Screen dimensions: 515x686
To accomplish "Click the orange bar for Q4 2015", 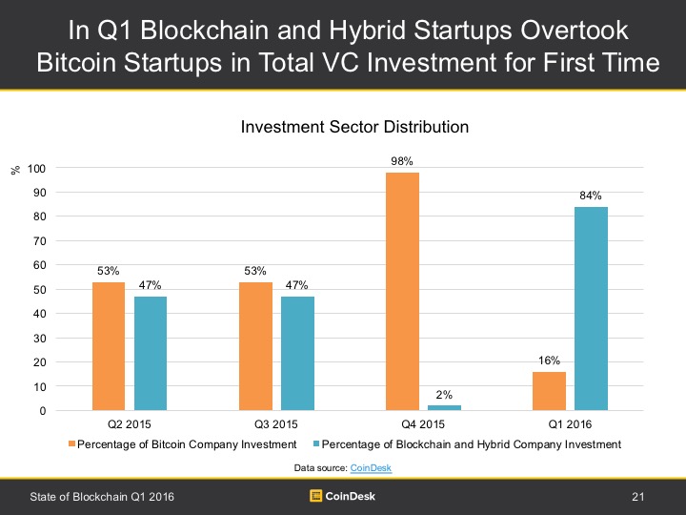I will [402, 292].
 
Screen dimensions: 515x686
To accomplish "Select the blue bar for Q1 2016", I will [592, 309].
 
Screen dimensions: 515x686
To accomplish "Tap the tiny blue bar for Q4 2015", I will [445, 408].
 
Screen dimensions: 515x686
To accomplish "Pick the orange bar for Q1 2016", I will [549, 391].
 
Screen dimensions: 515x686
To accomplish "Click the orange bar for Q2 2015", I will [108, 346].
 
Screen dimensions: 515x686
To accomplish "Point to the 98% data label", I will [402, 161].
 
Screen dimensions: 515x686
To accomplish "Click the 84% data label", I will [592, 196].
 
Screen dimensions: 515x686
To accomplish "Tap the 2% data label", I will [445, 394].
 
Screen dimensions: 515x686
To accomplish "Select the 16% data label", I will [549, 360].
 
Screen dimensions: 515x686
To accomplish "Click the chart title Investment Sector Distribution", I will [342, 126].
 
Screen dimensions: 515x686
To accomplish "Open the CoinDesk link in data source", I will [370, 467].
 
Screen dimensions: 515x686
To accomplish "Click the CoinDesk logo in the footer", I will [343, 495].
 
